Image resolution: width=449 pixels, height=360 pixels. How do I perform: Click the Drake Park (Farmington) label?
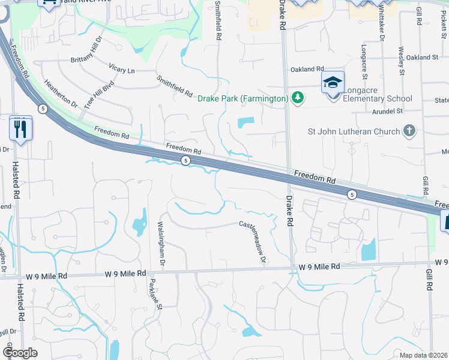[244, 98]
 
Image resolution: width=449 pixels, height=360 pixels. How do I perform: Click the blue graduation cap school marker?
[333, 82]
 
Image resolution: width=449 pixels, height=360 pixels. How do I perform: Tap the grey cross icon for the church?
[409, 131]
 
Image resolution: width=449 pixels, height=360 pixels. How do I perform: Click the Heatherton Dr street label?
[61, 95]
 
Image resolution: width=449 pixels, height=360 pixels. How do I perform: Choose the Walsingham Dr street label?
[160, 244]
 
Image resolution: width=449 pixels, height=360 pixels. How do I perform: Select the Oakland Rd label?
[307, 70]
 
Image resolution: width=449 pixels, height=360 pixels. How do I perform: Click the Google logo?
[20, 352]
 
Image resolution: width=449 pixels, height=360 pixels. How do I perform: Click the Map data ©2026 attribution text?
[422, 355]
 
